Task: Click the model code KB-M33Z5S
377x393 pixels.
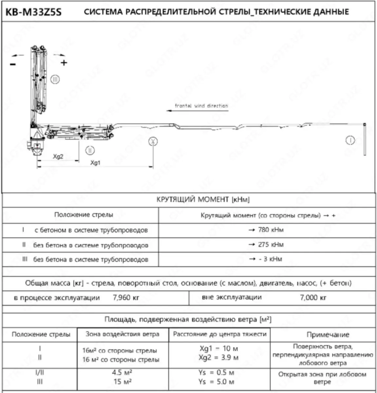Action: coord(33,12)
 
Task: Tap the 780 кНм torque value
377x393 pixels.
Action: coord(267,230)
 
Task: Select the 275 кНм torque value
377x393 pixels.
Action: coord(267,245)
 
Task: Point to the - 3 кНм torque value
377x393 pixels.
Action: coord(266,259)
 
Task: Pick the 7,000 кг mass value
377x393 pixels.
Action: coord(313,298)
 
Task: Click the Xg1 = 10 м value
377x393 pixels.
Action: coord(219,348)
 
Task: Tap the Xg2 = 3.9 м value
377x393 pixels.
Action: coord(219,357)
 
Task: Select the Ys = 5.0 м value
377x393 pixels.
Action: coord(217,382)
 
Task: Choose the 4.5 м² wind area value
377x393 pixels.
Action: coord(122,373)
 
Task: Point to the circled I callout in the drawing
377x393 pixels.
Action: coord(350,140)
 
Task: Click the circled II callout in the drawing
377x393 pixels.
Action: coord(90,150)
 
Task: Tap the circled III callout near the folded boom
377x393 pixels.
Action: coord(55,79)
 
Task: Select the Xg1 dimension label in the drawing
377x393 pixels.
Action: coord(95,163)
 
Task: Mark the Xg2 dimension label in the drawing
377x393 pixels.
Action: coord(58,157)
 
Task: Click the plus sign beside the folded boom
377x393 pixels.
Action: coord(64,63)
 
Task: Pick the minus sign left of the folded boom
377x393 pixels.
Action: coord(13,64)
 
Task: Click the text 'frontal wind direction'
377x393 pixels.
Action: coord(201,106)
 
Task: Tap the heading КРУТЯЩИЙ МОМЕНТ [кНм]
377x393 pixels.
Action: coord(203,200)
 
